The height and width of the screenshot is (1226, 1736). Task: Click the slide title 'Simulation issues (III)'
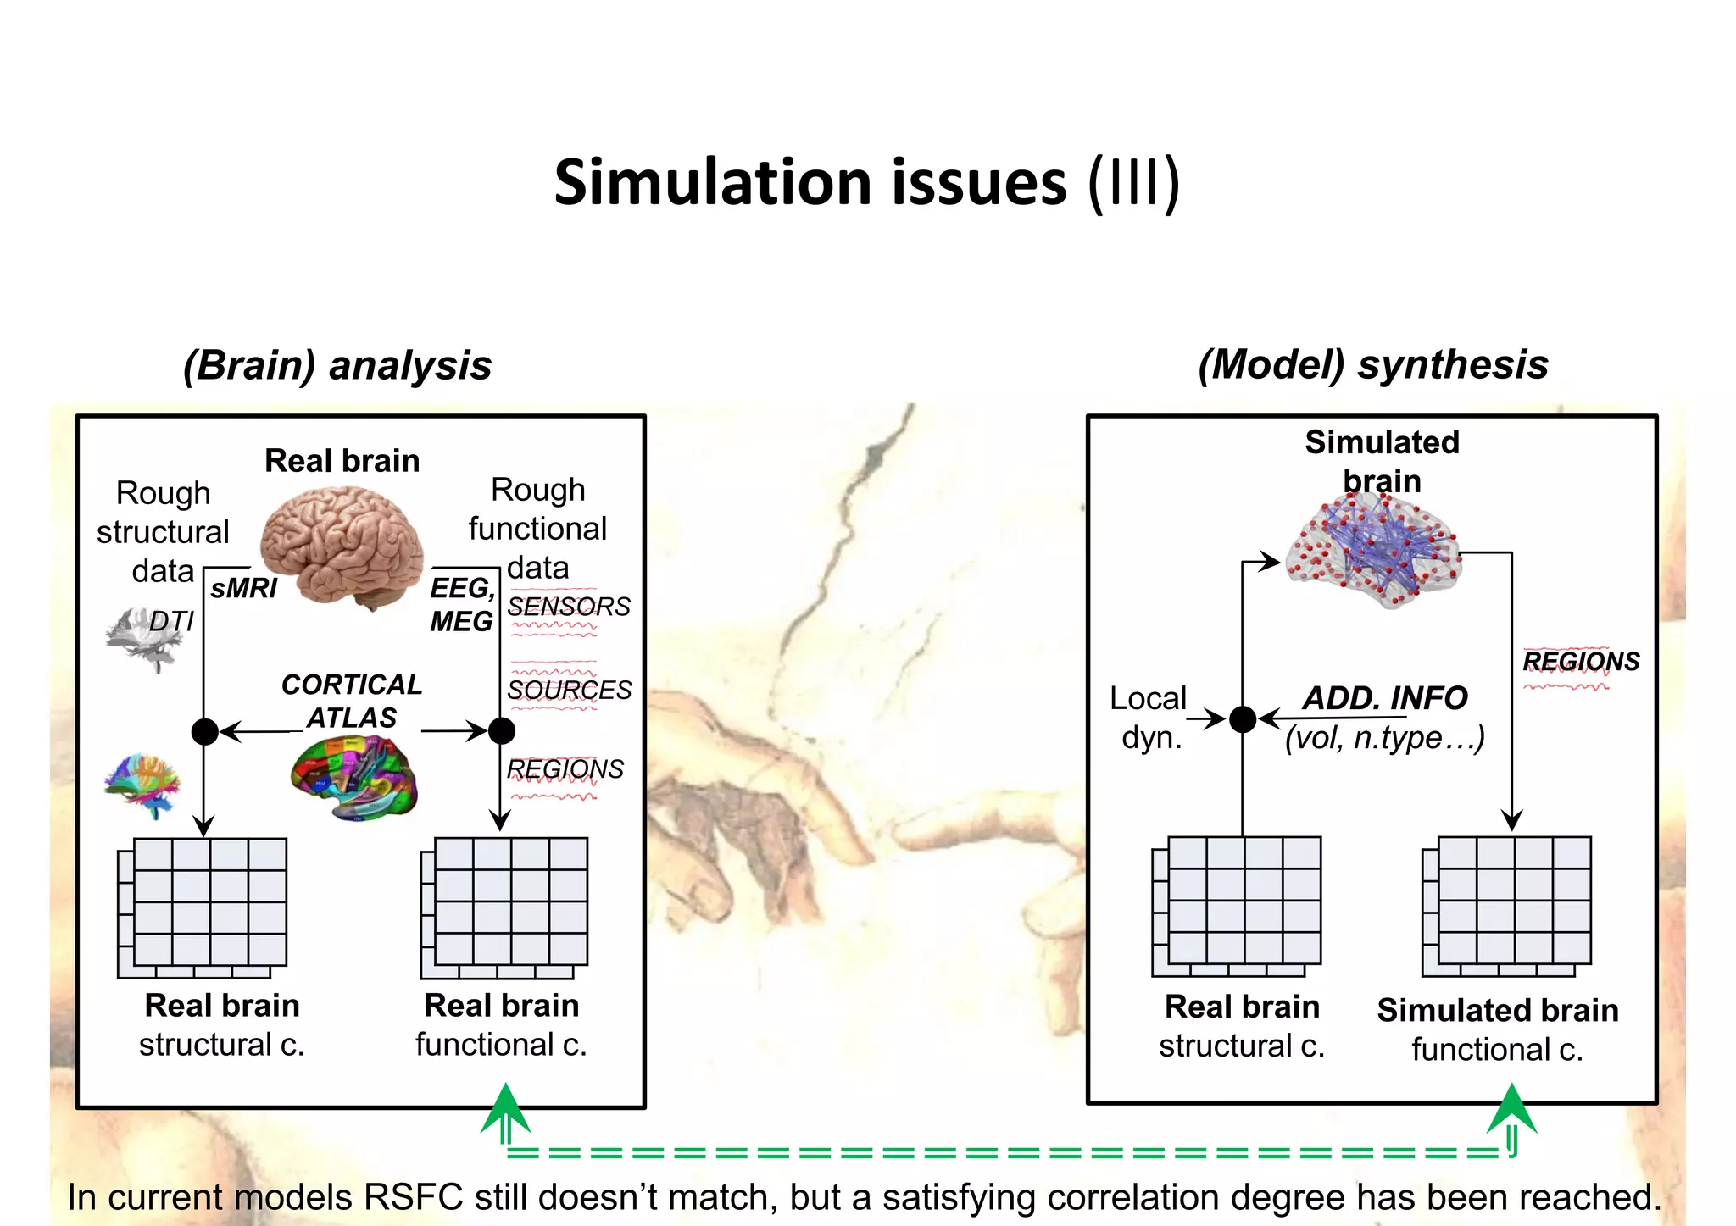coord(866,183)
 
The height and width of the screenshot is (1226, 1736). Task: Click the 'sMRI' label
coord(243,588)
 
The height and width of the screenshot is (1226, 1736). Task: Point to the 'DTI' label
coord(171,622)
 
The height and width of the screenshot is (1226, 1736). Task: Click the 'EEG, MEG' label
coord(461,604)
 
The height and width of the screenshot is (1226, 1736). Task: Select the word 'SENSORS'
coord(569,607)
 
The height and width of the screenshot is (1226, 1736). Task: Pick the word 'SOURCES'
coord(569,690)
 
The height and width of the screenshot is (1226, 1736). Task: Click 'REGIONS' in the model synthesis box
coord(1581,661)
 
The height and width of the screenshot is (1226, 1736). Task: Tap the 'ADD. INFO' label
coord(1385,698)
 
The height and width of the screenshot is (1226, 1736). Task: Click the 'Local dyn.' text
coord(1149,718)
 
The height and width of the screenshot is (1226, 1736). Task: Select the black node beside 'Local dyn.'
coord(1243,719)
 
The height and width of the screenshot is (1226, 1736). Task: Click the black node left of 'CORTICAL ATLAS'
coord(204,731)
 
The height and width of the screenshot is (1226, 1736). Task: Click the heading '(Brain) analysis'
coord(337,365)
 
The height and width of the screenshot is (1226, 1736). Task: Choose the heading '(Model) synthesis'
coord(1373,365)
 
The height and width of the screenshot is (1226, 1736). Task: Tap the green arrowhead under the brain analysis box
coord(505,1108)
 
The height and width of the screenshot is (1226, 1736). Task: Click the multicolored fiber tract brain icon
coord(143,785)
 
